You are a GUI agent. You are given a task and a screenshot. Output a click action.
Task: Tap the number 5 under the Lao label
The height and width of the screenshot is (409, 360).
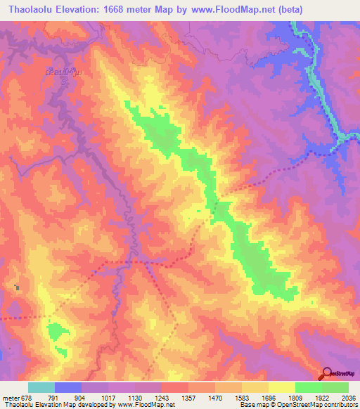pyautogui.click(x=65, y=83)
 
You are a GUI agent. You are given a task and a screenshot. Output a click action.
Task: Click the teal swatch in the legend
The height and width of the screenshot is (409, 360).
pyautogui.click(x=41, y=387)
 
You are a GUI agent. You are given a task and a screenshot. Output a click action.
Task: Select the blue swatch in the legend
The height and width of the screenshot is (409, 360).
pyautogui.click(x=67, y=387)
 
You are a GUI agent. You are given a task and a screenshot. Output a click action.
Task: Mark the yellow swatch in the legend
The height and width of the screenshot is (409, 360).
pyautogui.click(x=281, y=387)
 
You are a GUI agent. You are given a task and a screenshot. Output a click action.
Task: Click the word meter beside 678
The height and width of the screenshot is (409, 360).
pyautogui.click(x=11, y=397)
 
